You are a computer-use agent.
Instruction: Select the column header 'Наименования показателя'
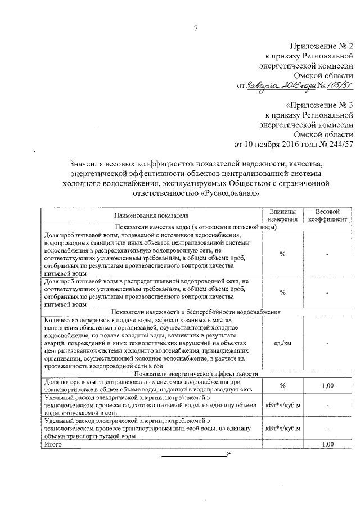(151, 215)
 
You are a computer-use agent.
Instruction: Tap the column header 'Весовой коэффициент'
(327, 215)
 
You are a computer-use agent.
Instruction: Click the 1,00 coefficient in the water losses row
(327, 385)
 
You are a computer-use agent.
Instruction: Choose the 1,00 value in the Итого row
(327, 444)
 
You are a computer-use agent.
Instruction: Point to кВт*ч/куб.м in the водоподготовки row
(282, 405)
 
